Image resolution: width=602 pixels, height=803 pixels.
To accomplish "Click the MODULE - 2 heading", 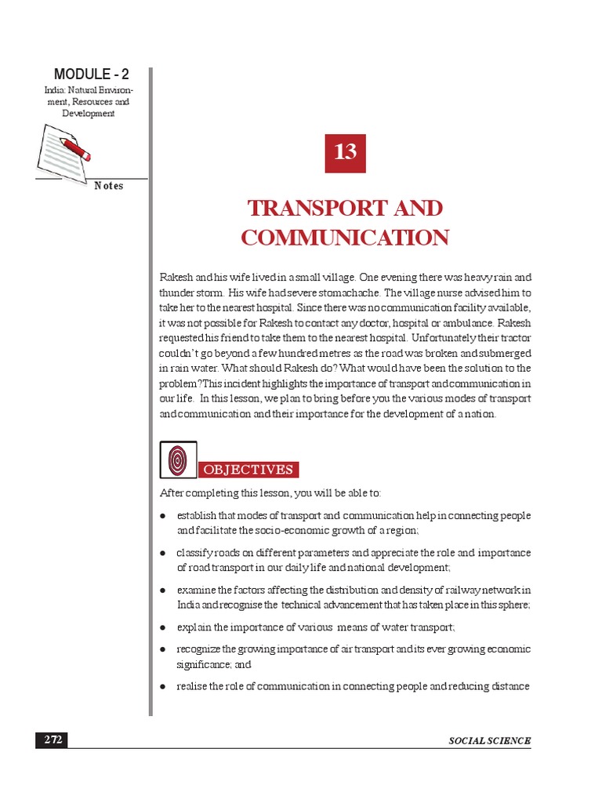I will click(92, 74).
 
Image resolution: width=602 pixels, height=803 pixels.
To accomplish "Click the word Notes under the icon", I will click(108, 186).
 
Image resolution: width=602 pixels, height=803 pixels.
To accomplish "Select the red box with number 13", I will click(345, 152).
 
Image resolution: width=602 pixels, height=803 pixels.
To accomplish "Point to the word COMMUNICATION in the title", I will click(345, 238).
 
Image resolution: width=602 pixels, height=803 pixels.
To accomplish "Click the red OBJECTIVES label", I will click(248, 470).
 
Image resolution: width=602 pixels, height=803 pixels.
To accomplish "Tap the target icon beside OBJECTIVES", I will click(178, 460).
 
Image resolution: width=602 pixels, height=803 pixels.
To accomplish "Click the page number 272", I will click(53, 740).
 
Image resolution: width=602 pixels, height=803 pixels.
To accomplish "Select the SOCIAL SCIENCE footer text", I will click(490, 741).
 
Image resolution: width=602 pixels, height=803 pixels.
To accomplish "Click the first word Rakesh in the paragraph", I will click(175, 278).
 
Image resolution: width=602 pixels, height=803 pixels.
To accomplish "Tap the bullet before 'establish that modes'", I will click(162, 516).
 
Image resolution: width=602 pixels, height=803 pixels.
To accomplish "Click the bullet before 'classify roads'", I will click(162, 553).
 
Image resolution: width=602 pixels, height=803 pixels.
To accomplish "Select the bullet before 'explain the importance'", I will click(162, 627).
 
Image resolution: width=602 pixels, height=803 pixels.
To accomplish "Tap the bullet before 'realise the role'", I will click(162, 687).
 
